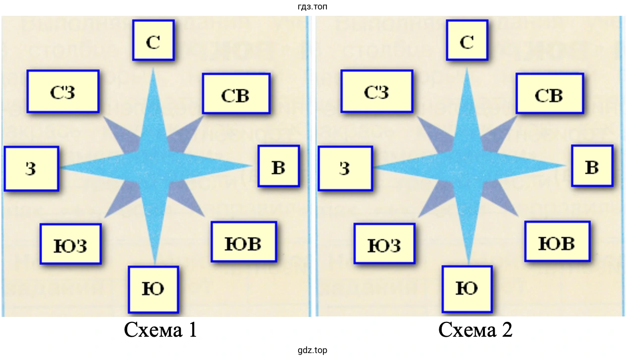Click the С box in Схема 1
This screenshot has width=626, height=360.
coord(153,40)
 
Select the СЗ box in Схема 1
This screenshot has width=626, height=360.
coord(63,91)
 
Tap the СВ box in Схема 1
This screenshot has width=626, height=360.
coord(236,94)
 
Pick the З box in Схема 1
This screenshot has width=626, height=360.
coord(31,168)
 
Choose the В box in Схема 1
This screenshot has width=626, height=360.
coord(278,166)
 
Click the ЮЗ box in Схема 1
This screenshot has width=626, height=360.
coord(70,244)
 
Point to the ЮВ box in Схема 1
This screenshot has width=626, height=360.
coord(243,242)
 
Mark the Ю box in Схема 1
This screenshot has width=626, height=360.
coord(153,289)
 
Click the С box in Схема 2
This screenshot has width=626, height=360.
coord(467,40)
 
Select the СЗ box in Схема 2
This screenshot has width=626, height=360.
coord(376,91)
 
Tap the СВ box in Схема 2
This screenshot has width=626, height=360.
coord(549,94)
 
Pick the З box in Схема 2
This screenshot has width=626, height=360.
coord(345,168)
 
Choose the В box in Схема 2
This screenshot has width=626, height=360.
coord(592,166)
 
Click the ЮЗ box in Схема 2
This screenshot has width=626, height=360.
coord(384,244)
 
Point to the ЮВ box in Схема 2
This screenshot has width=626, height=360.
coord(557,242)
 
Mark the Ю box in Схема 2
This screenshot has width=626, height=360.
coord(467,289)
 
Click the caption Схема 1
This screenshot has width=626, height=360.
coord(161,330)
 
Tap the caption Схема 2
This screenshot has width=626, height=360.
coord(475,330)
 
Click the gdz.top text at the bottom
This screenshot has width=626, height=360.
coord(313,351)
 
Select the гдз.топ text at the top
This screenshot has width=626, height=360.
coord(313,6)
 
